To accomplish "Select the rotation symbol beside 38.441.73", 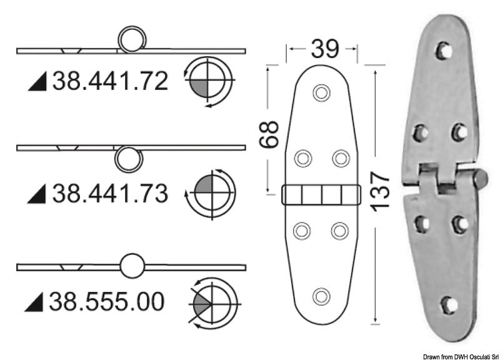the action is [x=211, y=193].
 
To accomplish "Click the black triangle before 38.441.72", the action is [x=39, y=82].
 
